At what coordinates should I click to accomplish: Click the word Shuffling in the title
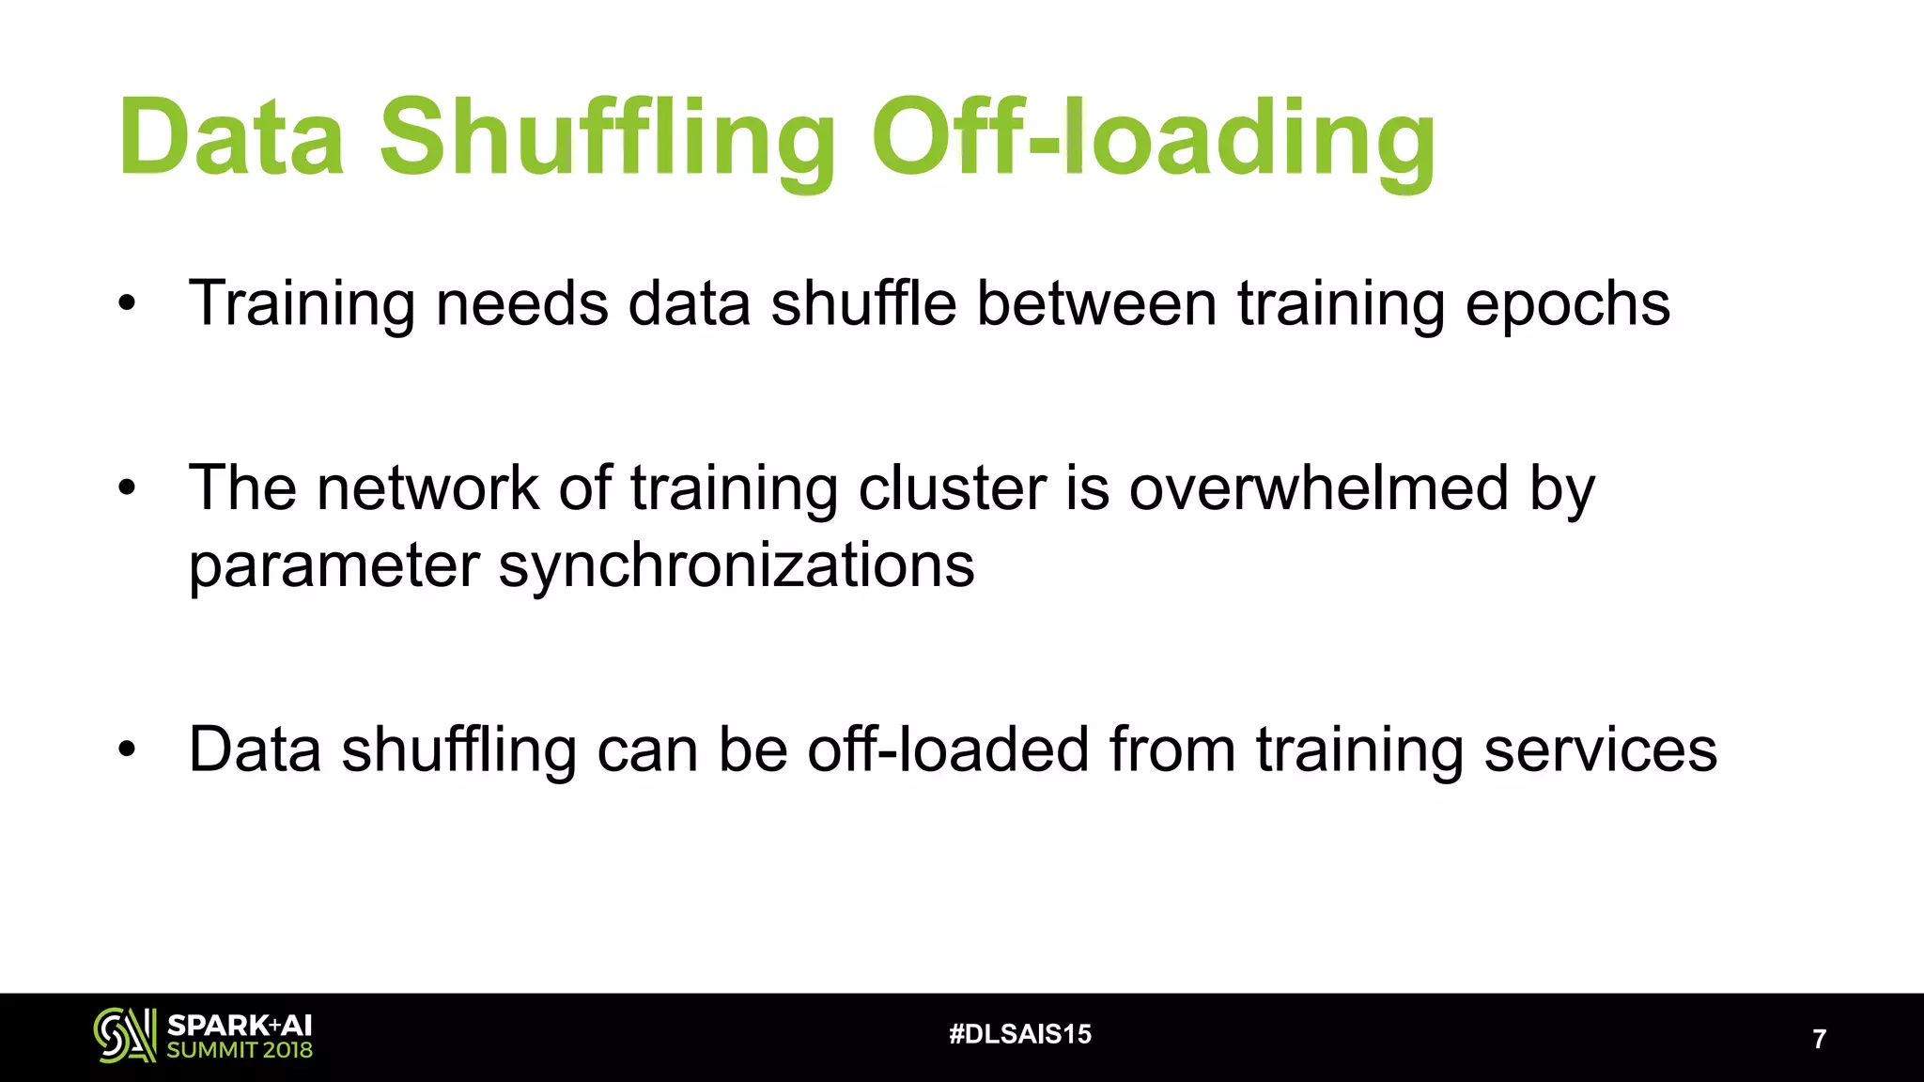[606, 139]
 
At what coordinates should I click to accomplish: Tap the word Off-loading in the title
[1153, 139]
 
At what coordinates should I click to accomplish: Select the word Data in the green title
[231, 139]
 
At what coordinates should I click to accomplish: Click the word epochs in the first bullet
[1566, 304]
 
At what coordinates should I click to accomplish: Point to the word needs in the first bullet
[521, 304]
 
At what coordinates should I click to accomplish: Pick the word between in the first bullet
[1096, 304]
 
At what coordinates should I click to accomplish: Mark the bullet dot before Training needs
[128, 303]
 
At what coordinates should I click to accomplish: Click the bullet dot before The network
[128, 487]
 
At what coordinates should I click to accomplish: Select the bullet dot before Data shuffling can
[128, 749]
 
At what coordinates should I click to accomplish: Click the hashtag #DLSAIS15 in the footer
[1020, 1034]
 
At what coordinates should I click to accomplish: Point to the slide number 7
[1819, 1039]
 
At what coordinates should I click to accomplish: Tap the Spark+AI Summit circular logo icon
[125, 1035]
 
